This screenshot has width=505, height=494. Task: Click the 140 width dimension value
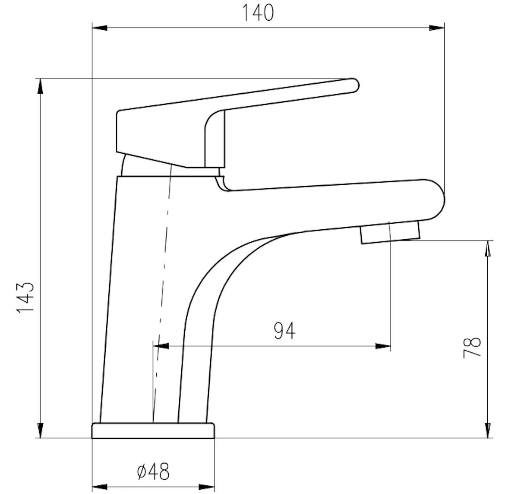(x=258, y=13)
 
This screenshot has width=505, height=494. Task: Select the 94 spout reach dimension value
(x=284, y=331)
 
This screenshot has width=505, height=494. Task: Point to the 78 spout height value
(x=472, y=347)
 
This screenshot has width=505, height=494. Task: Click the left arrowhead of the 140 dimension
(x=100, y=28)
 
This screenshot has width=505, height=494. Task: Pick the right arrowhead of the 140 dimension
(x=437, y=28)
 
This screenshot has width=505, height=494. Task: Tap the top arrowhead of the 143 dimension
(x=40, y=86)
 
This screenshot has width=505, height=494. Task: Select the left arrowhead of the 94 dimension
(x=161, y=346)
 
